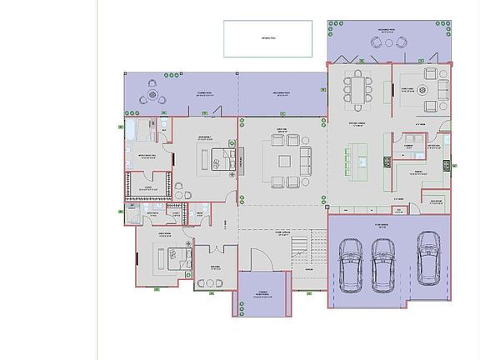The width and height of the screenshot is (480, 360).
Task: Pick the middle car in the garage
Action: pos(382,264)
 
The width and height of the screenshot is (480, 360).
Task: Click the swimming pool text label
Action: pos(267,38)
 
